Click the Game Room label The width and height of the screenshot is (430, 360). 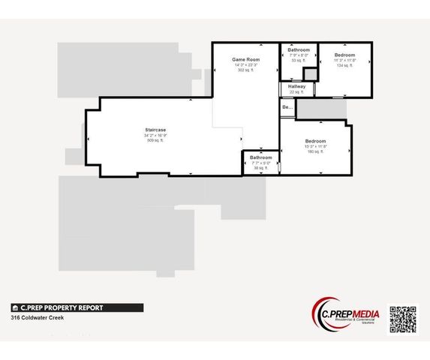click(245, 58)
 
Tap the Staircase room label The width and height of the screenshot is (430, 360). click(155, 130)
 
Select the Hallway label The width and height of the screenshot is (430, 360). click(296, 86)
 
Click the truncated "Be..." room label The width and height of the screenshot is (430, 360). click(287, 107)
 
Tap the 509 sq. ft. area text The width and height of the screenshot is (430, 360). click(155, 141)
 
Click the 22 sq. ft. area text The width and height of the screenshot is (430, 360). click(296, 92)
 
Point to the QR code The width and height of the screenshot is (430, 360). click(402, 319)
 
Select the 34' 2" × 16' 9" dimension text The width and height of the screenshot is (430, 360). click(155, 136)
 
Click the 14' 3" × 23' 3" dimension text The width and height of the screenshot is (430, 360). click(245, 64)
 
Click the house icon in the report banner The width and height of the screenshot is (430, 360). click(15, 307)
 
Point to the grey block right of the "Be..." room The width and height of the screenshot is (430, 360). click(322, 109)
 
